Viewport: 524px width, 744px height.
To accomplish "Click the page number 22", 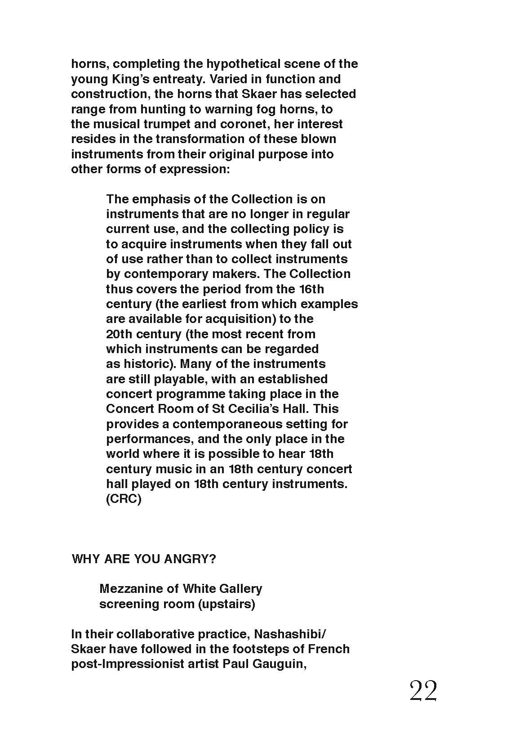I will coord(423,691).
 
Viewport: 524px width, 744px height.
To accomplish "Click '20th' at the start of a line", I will coord(119,334).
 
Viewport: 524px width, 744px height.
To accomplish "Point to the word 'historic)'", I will coord(146,363).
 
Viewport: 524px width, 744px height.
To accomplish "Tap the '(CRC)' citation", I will coord(124,499).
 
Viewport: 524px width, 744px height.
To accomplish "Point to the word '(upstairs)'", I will coord(227,604).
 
